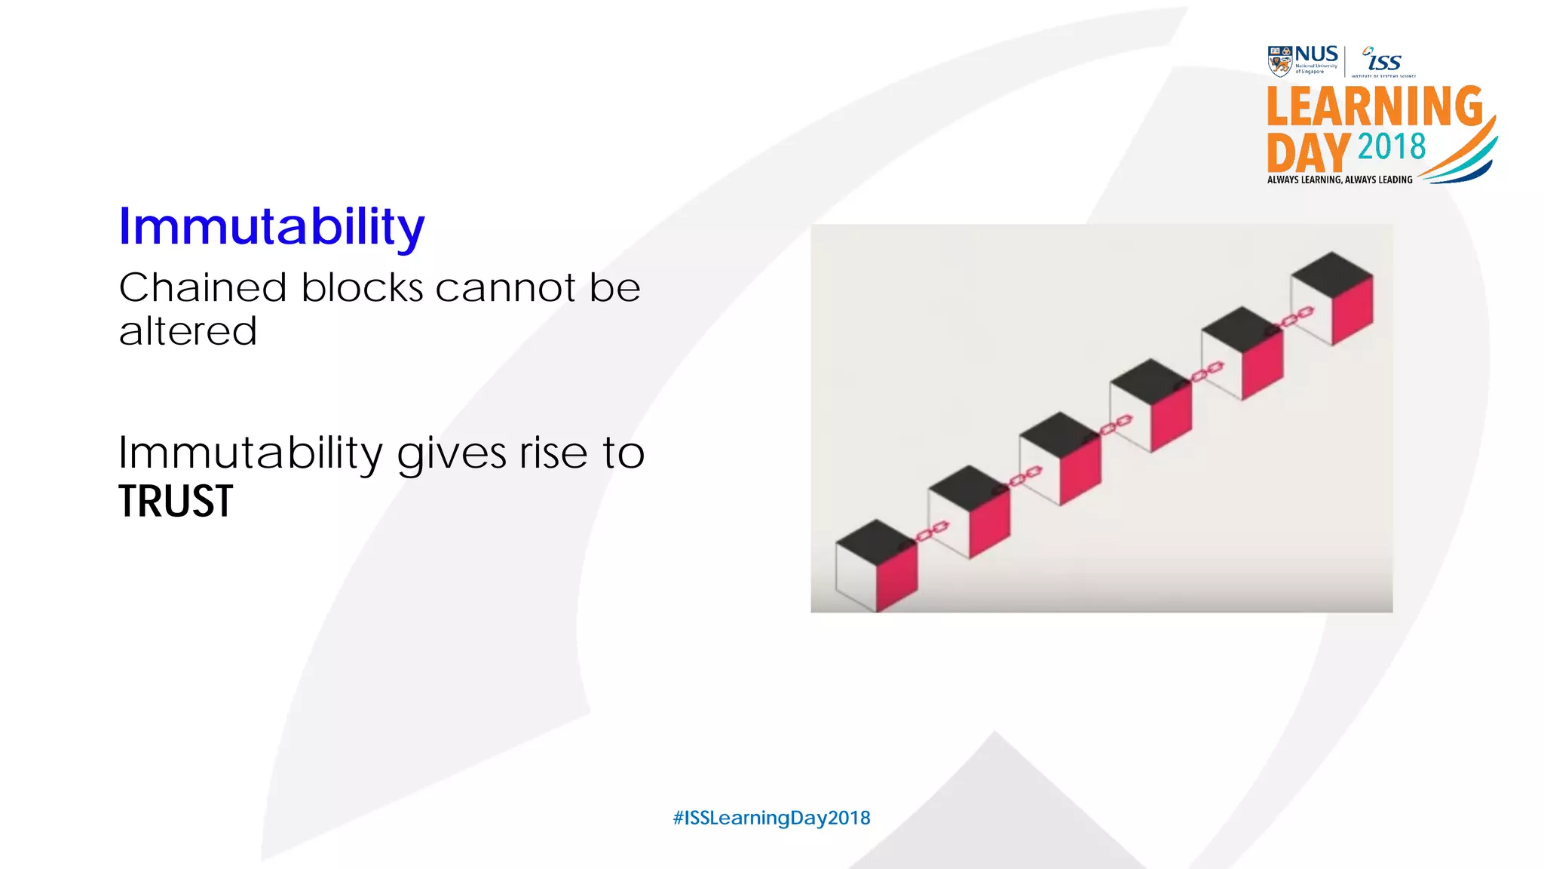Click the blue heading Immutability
point(271,226)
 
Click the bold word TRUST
point(176,502)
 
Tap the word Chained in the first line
point(203,288)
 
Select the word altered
point(188,332)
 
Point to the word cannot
point(505,288)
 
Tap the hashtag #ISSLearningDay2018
point(771,818)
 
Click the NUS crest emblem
point(1280,61)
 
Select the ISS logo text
point(1383,60)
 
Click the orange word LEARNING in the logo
point(1374,107)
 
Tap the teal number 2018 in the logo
point(1392,147)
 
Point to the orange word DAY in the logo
point(1308,153)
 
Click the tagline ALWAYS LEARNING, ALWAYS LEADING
point(1340,180)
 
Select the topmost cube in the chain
point(1332,299)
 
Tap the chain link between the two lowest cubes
point(932,531)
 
